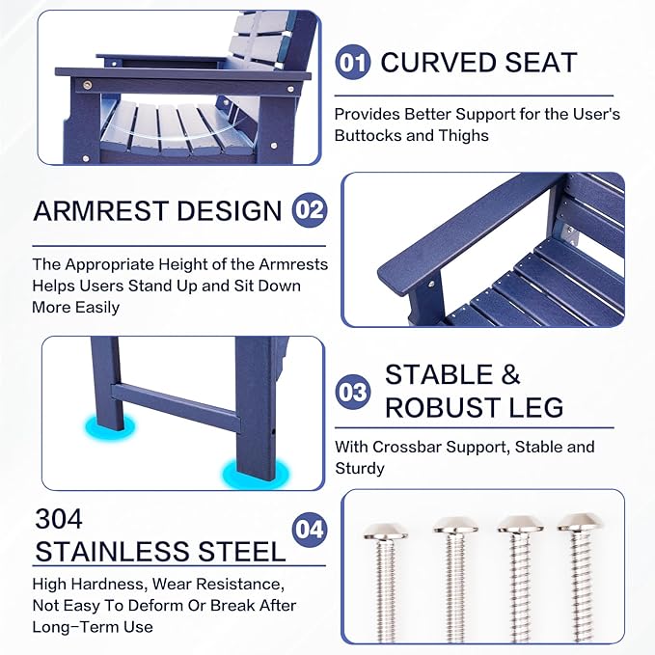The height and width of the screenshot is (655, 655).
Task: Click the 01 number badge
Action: coord(352,63)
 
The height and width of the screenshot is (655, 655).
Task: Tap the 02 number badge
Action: coord(310,209)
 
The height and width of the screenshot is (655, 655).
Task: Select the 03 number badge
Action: coord(352,392)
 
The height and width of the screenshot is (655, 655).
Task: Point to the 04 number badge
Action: coord(310,530)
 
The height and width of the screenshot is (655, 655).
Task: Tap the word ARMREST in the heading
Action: coord(100,210)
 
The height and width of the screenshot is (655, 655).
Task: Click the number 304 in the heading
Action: coord(59,519)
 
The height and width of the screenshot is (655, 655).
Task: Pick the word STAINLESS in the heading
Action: coord(113,552)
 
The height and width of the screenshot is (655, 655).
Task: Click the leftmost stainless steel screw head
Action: coord(385,531)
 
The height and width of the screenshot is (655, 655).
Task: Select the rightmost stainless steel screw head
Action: coord(580,523)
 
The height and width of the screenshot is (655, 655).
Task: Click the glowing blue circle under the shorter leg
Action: coord(109,426)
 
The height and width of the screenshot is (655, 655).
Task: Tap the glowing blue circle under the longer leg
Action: coord(256,473)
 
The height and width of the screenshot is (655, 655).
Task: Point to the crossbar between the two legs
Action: coord(176,408)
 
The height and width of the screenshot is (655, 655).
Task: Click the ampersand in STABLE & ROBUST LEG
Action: coord(510,374)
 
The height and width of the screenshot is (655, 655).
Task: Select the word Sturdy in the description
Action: coord(360,468)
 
